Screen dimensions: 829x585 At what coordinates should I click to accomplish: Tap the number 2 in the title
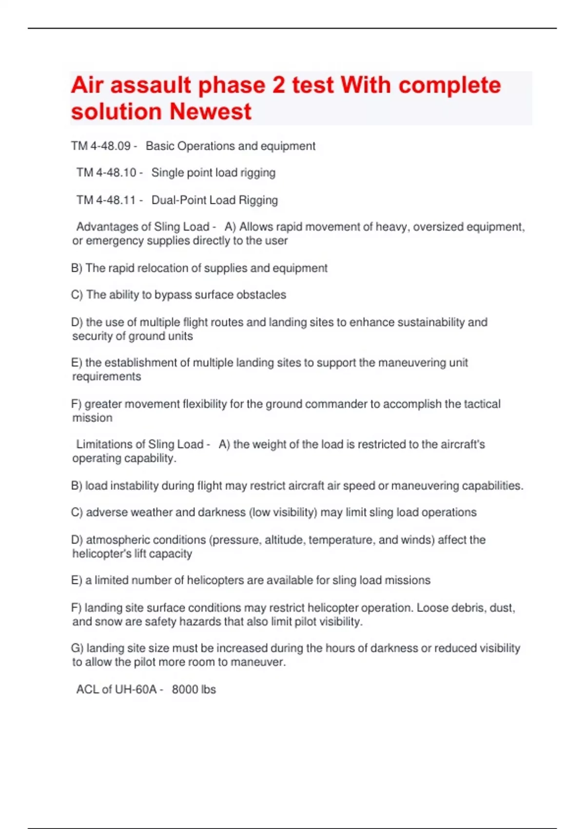tap(278, 85)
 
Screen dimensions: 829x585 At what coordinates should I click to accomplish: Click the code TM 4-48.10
tap(106, 173)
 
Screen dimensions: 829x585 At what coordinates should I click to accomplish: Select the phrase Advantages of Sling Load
tap(143, 227)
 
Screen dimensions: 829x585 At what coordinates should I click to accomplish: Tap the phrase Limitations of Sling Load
tap(139, 444)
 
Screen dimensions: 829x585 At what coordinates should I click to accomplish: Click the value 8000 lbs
tap(194, 689)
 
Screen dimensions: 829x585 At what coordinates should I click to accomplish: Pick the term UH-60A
tap(136, 689)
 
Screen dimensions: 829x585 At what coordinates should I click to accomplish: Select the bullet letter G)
tap(77, 648)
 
